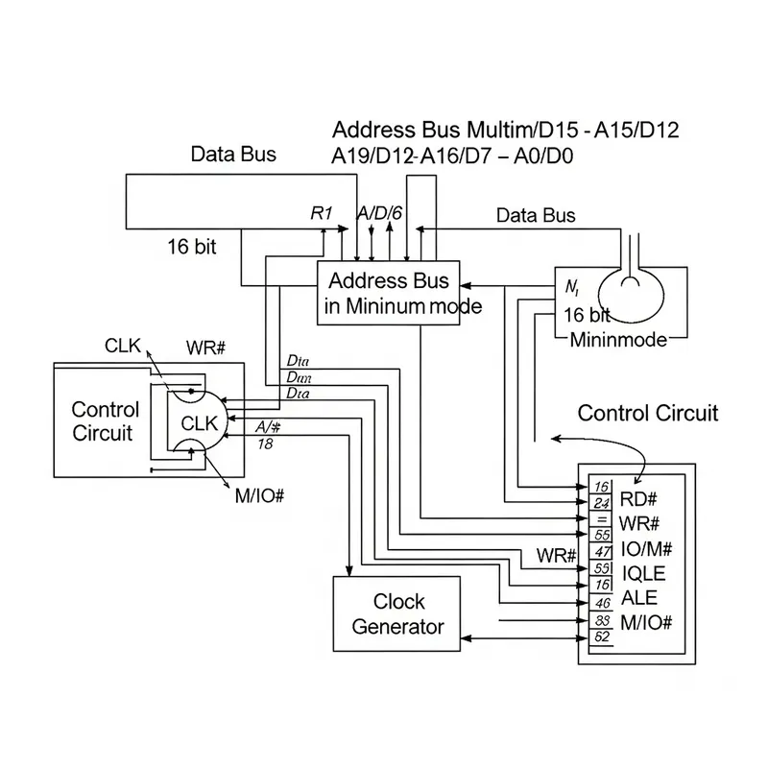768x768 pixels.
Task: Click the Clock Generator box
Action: pyautogui.click(x=397, y=614)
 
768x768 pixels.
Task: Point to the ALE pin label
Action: pyautogui.click(x=640, y=597)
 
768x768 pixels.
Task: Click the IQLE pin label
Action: pyautogui.click(x=644, y=573)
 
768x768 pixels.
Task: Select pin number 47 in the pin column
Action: pyautogui.click(x=603, y=552)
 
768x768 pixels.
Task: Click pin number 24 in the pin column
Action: pyautogui.click(x=603, y=503)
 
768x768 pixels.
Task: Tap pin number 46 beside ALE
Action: pyautogui.click(x=603, y=603)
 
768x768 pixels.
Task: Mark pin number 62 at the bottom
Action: pyautogui.click(x=603, y=636)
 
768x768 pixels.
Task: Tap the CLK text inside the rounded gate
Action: pyautogui.click(x=199, y=423)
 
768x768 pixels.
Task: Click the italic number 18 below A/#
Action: pyautogui.click(x=265, y=444)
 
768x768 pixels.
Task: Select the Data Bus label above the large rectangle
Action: pyautogui.click(x=233, y=154)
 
